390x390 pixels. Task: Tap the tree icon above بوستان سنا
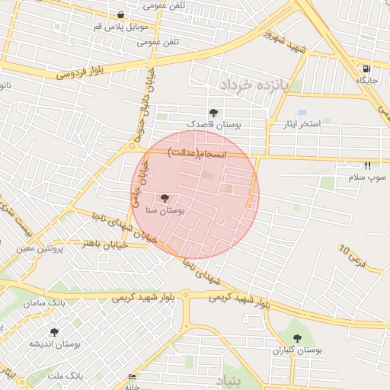pos(167,198)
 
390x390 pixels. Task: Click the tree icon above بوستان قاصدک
pos(213,113)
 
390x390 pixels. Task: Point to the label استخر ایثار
pos(303,123)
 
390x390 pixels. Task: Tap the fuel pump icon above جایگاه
pos(367,68)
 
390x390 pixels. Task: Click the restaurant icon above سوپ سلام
pos(368,165)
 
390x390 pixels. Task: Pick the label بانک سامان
pos(47,303)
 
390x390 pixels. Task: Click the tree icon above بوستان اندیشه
pos(54,332)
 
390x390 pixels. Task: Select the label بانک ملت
pos(64,376)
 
